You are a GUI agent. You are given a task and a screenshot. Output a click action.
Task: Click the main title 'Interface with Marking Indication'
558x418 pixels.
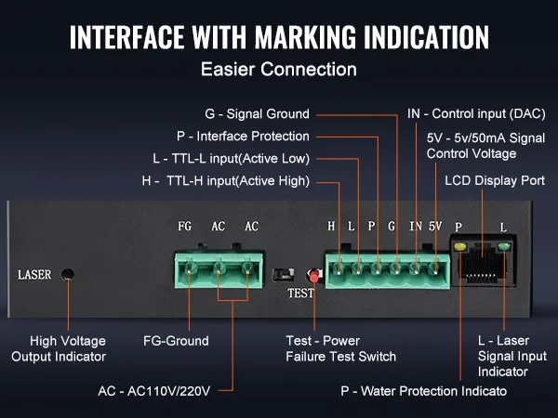click(279, 36)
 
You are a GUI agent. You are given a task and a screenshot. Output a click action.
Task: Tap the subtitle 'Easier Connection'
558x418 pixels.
click(279, 69)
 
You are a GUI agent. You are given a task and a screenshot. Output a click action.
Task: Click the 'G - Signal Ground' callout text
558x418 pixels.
click(257, 114)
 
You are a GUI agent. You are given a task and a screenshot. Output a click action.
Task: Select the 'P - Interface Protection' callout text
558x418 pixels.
click(243, 136)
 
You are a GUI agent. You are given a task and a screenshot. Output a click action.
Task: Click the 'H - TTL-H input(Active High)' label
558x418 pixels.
click(226, 180)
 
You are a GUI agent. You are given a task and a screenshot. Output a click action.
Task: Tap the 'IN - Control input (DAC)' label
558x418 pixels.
click(476, 114)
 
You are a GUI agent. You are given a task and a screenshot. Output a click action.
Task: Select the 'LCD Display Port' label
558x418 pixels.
click(495, 180)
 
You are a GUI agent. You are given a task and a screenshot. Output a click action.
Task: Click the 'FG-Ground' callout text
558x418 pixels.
click(176, 341)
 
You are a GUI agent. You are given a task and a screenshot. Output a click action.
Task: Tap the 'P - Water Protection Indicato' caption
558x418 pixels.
click(423, 391)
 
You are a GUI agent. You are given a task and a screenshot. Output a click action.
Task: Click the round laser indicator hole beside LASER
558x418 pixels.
click(67, 274)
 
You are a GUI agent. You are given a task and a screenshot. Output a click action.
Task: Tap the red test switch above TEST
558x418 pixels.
click(313, 275)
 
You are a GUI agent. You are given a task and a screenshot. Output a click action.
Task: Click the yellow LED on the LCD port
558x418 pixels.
click(458, 247)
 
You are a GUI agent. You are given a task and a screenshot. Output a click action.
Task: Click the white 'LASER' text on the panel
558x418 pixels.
click(34, 275)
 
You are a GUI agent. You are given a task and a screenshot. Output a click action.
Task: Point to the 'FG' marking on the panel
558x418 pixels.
click(185, 227)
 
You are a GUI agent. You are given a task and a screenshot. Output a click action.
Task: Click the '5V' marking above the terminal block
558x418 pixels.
click(435, 227)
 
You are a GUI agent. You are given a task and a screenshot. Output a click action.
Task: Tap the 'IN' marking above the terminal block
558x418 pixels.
click(415, 227)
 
